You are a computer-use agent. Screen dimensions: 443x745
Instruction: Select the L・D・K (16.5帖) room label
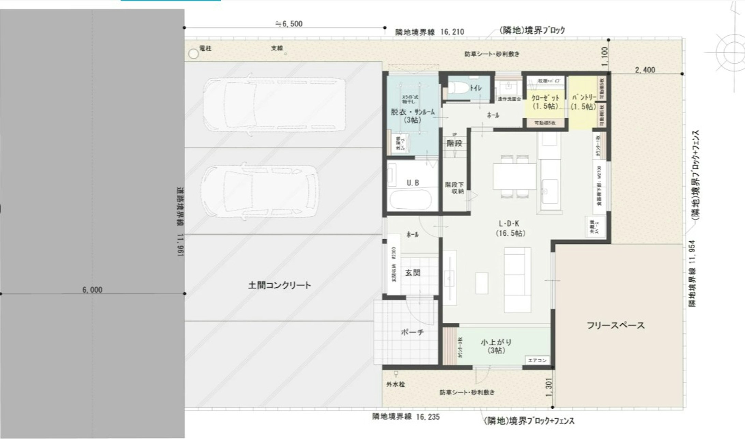[510, 228]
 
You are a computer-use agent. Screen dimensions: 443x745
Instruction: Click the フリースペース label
[615, 325]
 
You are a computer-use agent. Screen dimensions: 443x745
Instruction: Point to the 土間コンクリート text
[279, 285]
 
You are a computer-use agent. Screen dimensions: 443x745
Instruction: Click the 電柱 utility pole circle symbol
[193, 54]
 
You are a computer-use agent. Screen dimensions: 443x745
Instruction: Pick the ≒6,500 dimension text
[289, 24]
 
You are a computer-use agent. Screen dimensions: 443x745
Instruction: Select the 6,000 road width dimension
[92, 290]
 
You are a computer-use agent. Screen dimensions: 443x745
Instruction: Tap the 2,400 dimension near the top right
[645, 70]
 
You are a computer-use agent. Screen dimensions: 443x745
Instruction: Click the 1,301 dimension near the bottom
[549, 387]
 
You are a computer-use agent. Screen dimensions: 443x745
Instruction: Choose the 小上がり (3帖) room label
[496, 346]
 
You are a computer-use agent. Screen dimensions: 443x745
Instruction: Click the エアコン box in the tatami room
[537, 360]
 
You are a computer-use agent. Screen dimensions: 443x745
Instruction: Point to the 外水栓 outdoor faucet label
[395, 384]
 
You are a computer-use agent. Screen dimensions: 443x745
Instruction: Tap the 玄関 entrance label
[412, 273]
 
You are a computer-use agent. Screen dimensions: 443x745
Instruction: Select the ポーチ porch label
[412, 332]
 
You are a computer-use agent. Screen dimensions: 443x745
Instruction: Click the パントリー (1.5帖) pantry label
[584, 102]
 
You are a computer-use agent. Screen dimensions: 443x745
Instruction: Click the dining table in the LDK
[514, 176]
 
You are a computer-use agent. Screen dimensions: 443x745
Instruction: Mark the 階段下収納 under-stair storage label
[454, 188]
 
